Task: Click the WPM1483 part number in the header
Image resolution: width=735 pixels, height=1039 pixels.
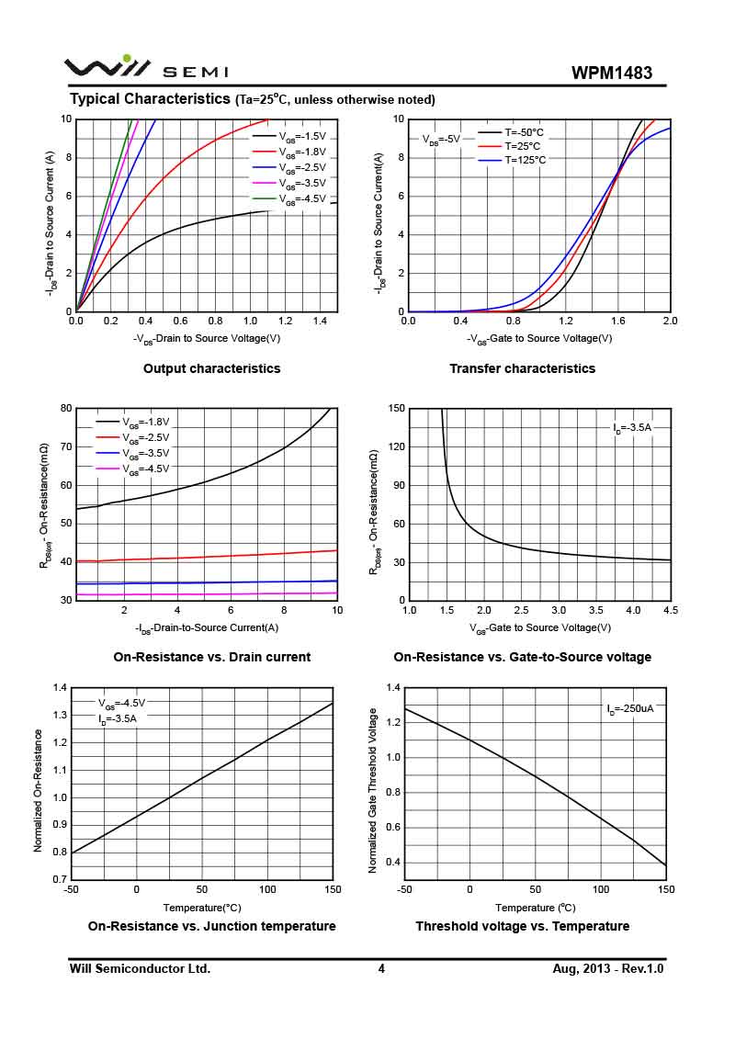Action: coord(611,73)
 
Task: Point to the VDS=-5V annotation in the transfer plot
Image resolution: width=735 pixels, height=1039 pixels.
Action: coord(441,140)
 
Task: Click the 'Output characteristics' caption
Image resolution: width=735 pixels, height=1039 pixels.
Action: coord(211,368)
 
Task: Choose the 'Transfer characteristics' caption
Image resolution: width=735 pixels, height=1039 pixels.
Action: coord(522,368)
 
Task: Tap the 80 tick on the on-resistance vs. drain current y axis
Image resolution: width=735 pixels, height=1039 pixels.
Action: coord(66,408)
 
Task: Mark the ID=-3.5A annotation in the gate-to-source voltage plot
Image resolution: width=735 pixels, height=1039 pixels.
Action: coord(632,428)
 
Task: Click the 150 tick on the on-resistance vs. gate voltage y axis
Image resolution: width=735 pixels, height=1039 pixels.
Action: coord(396,408)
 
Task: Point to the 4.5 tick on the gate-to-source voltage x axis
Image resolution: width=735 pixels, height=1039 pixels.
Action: coord(670,610)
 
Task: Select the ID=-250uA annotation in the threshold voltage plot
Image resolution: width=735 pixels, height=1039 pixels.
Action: coord(629,709)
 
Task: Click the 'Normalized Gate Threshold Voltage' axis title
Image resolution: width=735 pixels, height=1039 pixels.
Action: coord(373,790)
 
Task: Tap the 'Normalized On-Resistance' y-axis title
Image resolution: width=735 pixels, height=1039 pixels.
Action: coord(39,790)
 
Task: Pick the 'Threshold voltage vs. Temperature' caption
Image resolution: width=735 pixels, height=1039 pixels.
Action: coord(522,926)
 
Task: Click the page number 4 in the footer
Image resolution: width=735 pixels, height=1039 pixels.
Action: coord(381,968)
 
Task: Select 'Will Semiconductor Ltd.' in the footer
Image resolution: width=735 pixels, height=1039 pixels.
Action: coord(140,968)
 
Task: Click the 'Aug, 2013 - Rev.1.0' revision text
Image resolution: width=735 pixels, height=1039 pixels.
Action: coord(607,968)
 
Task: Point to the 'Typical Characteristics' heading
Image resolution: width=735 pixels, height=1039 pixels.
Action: coord(150,98)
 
